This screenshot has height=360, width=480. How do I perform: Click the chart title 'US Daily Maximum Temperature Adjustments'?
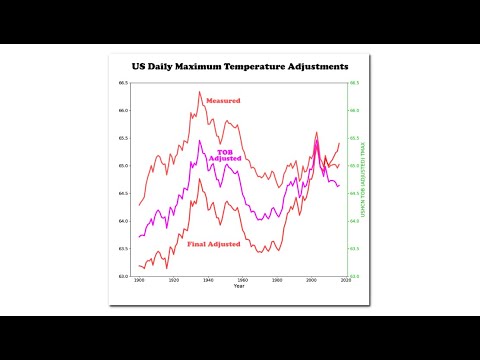pyautogui.click(x=240, y=66)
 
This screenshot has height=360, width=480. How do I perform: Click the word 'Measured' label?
pyautogui.click(x=222, y=101)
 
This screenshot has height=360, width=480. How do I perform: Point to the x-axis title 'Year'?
pyautogui.click(x=239, y=286)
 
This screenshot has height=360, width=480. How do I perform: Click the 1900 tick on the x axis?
pyautogui.click(x=139, y=281)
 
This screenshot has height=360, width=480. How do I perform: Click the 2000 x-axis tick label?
pyautogui.click(x=311, y=281)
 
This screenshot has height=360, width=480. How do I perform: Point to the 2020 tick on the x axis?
pyautogui.click(x=345, y=281)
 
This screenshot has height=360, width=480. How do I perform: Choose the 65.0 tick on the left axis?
pyautogui.click(x=125, y=165)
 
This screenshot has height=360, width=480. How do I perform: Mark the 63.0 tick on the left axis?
pyautogui.click(x=125, y=276)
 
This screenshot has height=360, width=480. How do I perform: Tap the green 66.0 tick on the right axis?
pyautogui.click(x=355, y=110)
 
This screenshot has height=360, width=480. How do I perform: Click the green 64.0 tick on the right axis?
pyautogui.click(x=355, y=220)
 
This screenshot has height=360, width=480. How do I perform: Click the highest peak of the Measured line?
pyautogui.click(x=199, y=91)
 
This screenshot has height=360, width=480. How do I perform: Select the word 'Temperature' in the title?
pyautogui.click(x=250, y=66)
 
